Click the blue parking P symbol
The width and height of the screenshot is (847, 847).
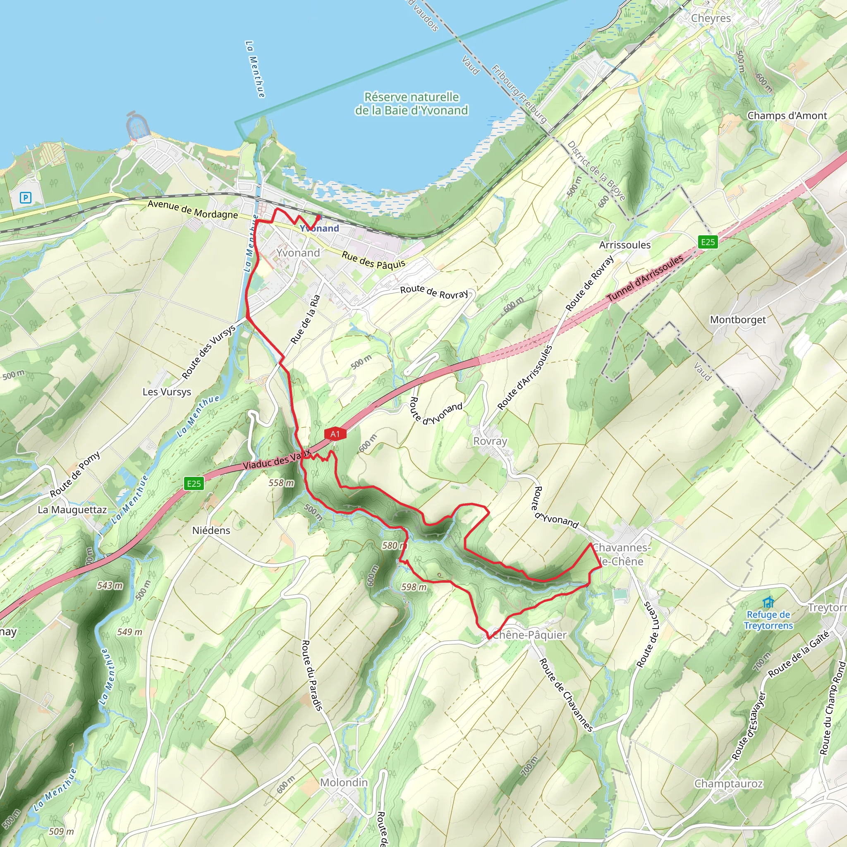25,198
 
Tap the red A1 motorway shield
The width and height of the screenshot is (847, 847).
335,434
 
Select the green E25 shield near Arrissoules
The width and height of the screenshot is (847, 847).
708,242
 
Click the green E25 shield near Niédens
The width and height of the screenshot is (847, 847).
194,483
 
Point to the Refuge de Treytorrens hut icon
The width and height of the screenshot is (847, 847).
768,602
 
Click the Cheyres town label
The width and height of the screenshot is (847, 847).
711,19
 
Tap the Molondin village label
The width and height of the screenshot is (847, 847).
344,782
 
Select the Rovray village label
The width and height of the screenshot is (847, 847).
490,441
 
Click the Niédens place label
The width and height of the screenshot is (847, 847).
211,531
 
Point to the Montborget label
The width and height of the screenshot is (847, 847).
738,320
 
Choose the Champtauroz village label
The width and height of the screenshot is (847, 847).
729,783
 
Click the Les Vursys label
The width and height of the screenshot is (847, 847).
167,392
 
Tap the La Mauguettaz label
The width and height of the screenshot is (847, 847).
72,510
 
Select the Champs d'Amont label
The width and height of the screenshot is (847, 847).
787,116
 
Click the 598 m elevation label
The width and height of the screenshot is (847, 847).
414,586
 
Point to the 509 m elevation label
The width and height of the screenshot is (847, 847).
61,831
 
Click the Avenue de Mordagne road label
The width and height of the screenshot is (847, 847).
192,209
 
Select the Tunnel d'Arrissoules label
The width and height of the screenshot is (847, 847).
645,278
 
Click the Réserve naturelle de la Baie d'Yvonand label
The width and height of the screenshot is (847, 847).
411,103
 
